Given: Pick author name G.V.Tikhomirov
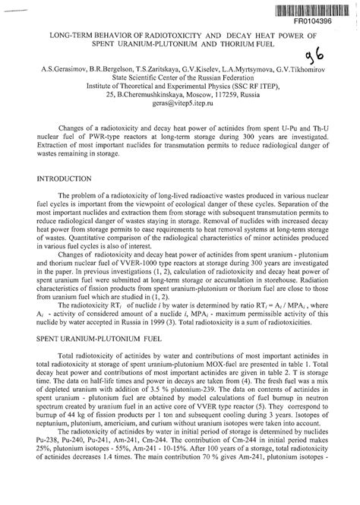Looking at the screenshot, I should [303, 69].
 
